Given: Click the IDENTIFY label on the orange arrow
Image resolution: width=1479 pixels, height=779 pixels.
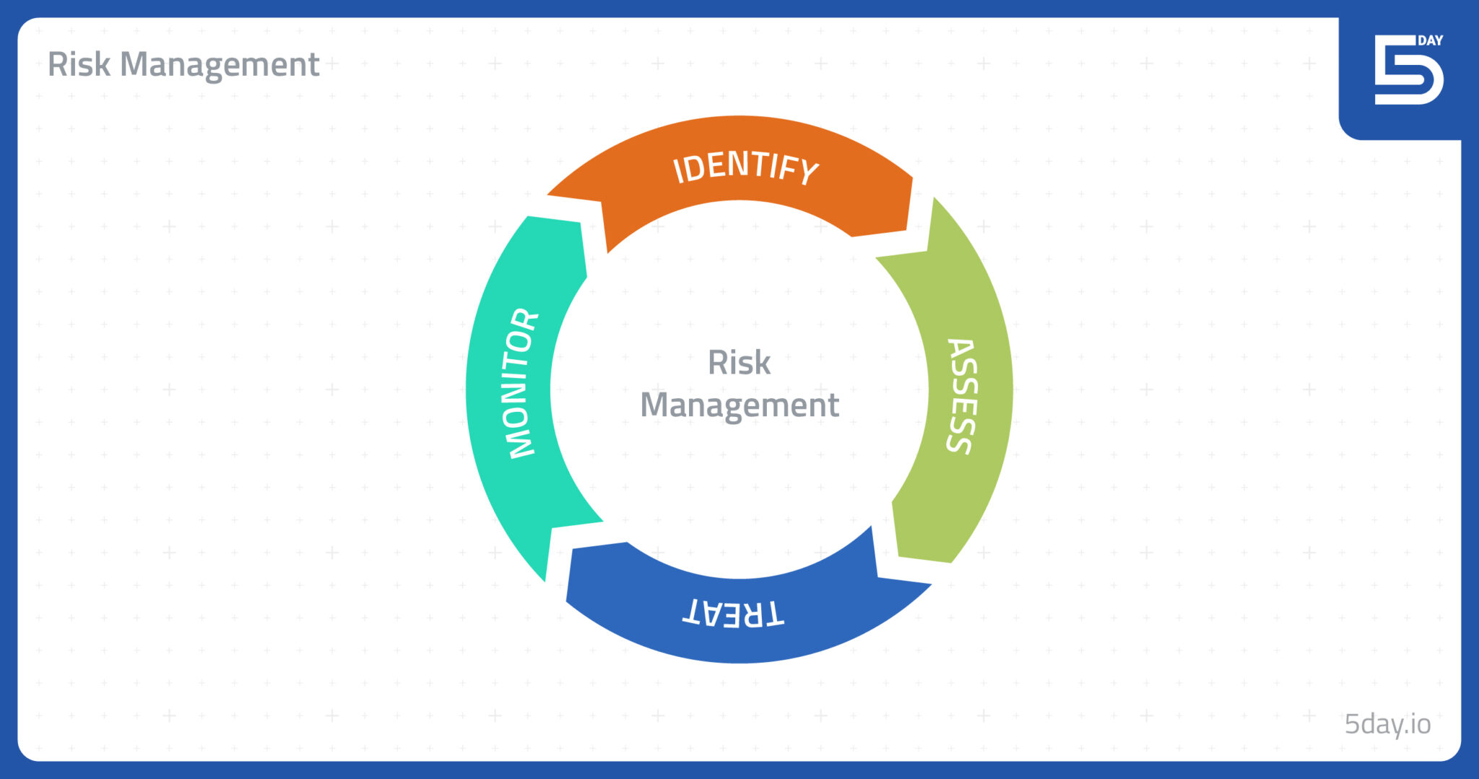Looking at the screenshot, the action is [x=746, y=169].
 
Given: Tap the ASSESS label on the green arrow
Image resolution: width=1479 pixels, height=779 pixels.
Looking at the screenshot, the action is [x=962, y=396].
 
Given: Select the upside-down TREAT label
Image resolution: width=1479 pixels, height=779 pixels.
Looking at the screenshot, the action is [x=733, y=613].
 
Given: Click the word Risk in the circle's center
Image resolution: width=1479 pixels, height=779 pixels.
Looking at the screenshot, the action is [x=739, y=362].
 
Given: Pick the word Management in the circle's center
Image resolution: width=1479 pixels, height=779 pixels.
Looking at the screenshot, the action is [x=739, y=405].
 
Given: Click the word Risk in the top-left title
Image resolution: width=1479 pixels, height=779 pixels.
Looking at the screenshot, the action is [x=79, y=64].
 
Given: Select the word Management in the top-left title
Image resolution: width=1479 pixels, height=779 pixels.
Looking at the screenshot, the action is [x=220, y=66].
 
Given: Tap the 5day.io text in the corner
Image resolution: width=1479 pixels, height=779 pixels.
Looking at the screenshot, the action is [x=1387, y=724].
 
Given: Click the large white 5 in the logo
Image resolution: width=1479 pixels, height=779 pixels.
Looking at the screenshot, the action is [x=1408, y=70].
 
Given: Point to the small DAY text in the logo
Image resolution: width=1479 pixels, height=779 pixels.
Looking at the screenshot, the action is [x=1430, y=40].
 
